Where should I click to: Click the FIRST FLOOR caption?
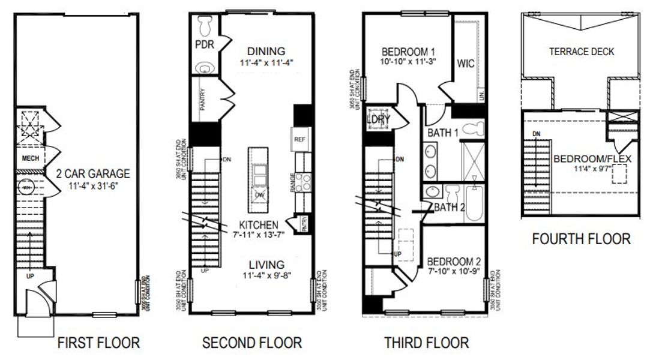[x=98, y=343]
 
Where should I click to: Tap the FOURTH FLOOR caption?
[x=581, y=239]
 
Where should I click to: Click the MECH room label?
[x=30, y=158]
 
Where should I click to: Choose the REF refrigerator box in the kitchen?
[x=300, y=139]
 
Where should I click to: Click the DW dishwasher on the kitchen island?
[x=260, y=195]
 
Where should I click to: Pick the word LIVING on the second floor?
[x=267, y=265]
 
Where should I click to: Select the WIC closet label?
[x=466, y=64]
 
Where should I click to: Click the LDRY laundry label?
[x=379, y=119]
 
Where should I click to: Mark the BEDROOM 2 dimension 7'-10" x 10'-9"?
[x=455, y=273]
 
